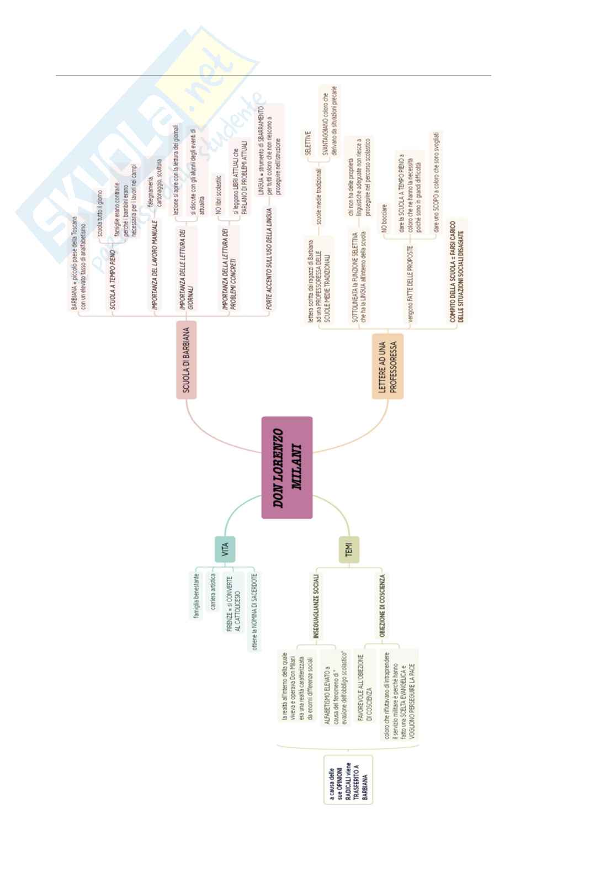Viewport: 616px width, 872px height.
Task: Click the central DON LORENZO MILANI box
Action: tap(287, 468)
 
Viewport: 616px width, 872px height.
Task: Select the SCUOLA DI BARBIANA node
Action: tap(187, 359)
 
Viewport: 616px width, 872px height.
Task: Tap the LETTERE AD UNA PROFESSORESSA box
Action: tap(387, 366)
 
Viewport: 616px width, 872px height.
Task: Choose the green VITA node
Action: tap(225, 549)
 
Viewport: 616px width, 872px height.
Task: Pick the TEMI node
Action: tap(349, 551)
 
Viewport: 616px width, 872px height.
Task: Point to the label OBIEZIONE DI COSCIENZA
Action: tap(382, 606)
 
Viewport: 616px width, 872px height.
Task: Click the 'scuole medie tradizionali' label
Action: tap(318, 197)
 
